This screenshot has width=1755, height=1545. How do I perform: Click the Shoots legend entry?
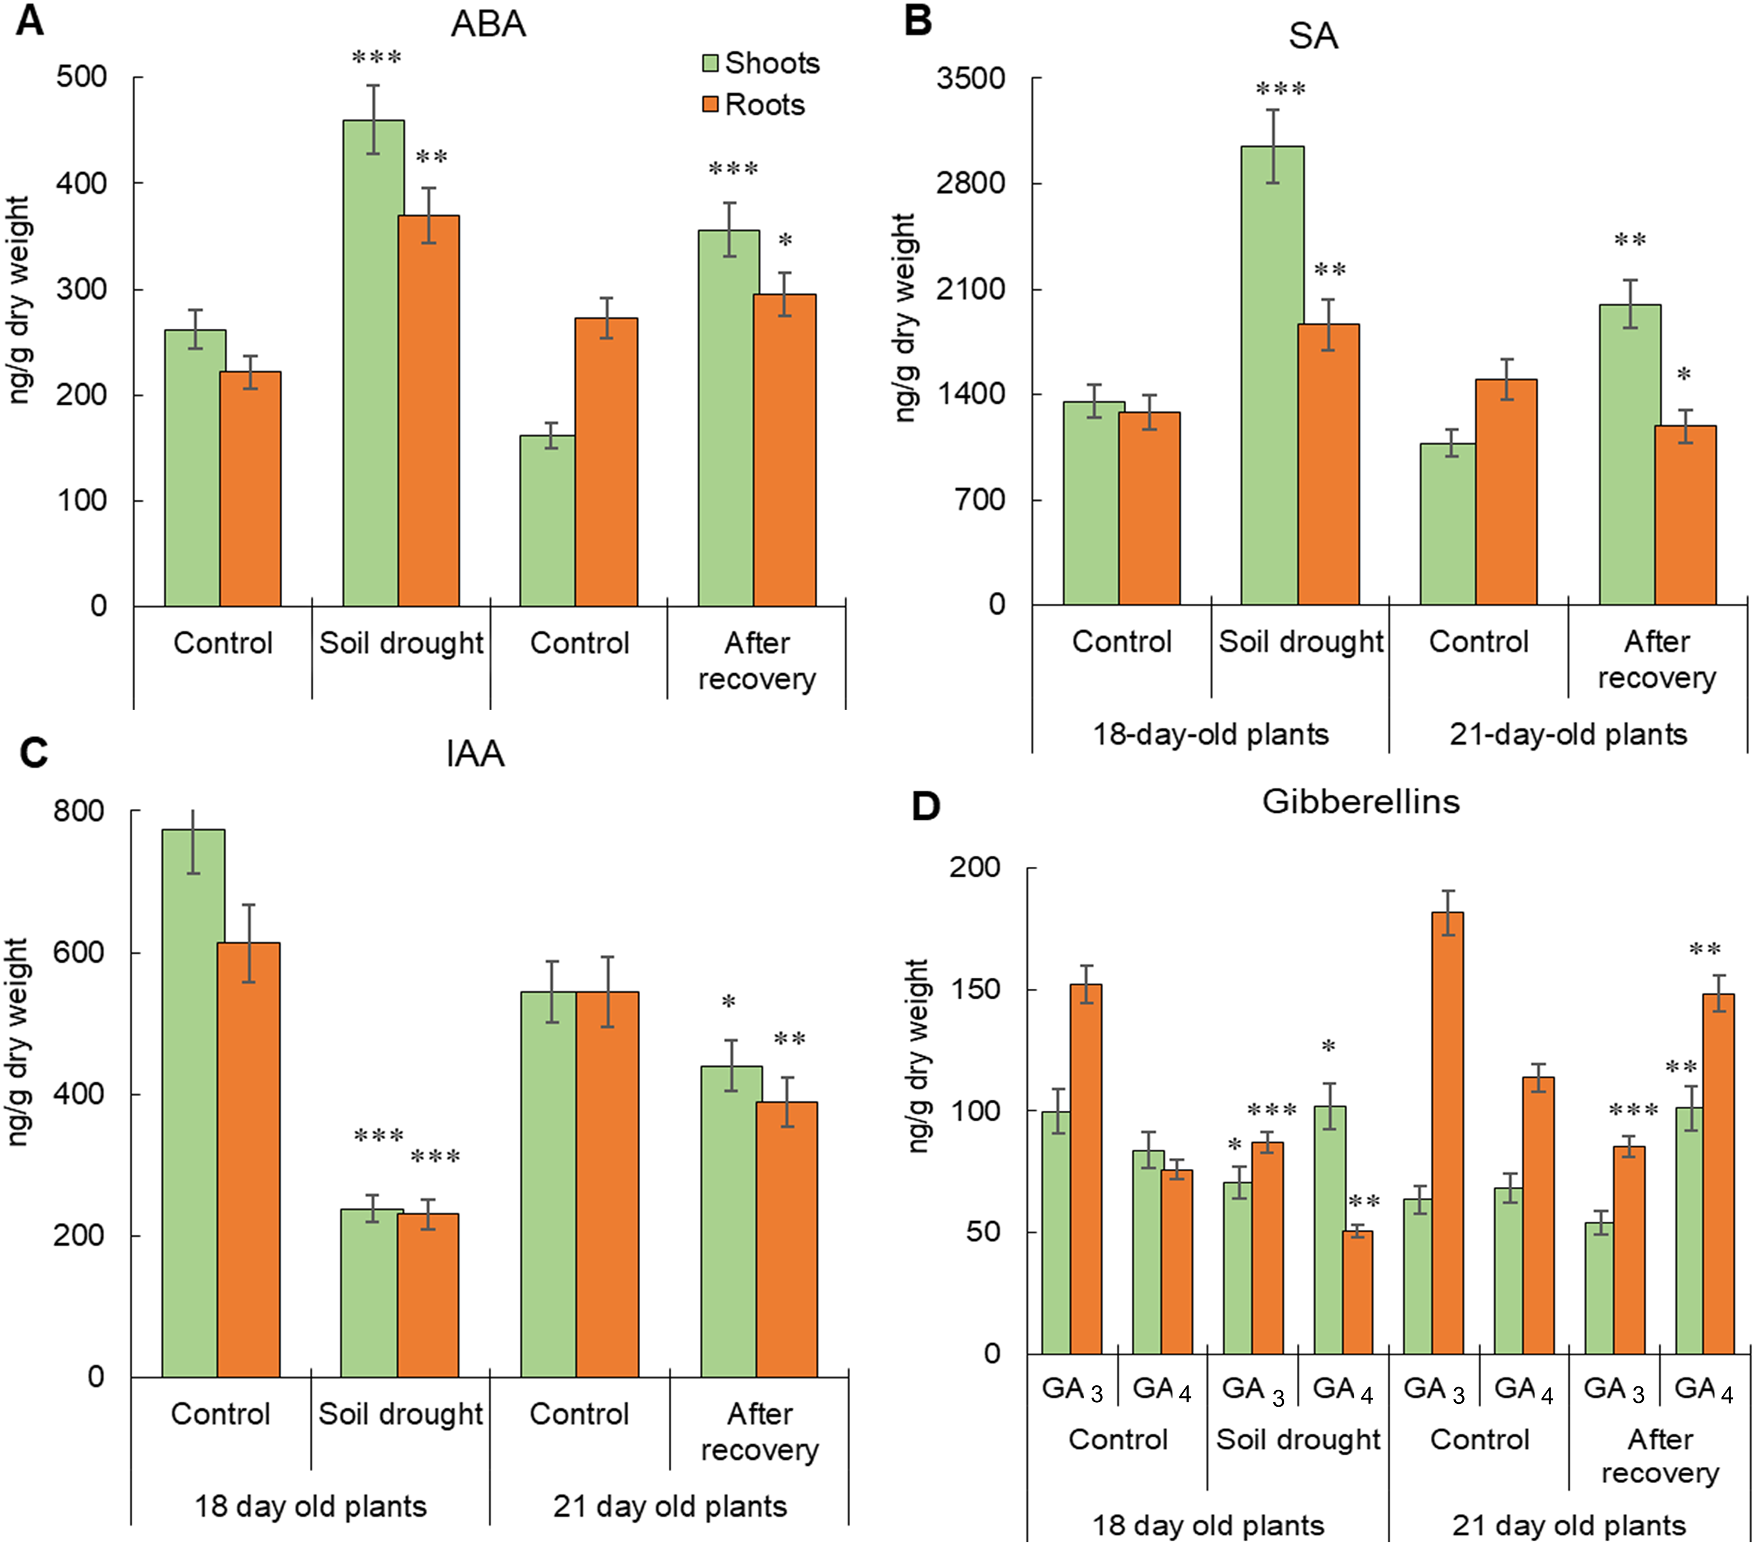760,63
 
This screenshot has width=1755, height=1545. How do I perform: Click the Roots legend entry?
754,105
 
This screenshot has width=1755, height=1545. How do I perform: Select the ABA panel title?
488,24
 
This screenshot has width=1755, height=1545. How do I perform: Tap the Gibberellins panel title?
1360,801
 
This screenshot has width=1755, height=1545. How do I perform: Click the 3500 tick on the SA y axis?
971,78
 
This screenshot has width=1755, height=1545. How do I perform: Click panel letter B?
918,21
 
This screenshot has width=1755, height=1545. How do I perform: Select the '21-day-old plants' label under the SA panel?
1568,734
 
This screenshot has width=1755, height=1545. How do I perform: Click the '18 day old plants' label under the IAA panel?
310,1506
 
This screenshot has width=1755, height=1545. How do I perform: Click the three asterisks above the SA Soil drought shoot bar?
1280,89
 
